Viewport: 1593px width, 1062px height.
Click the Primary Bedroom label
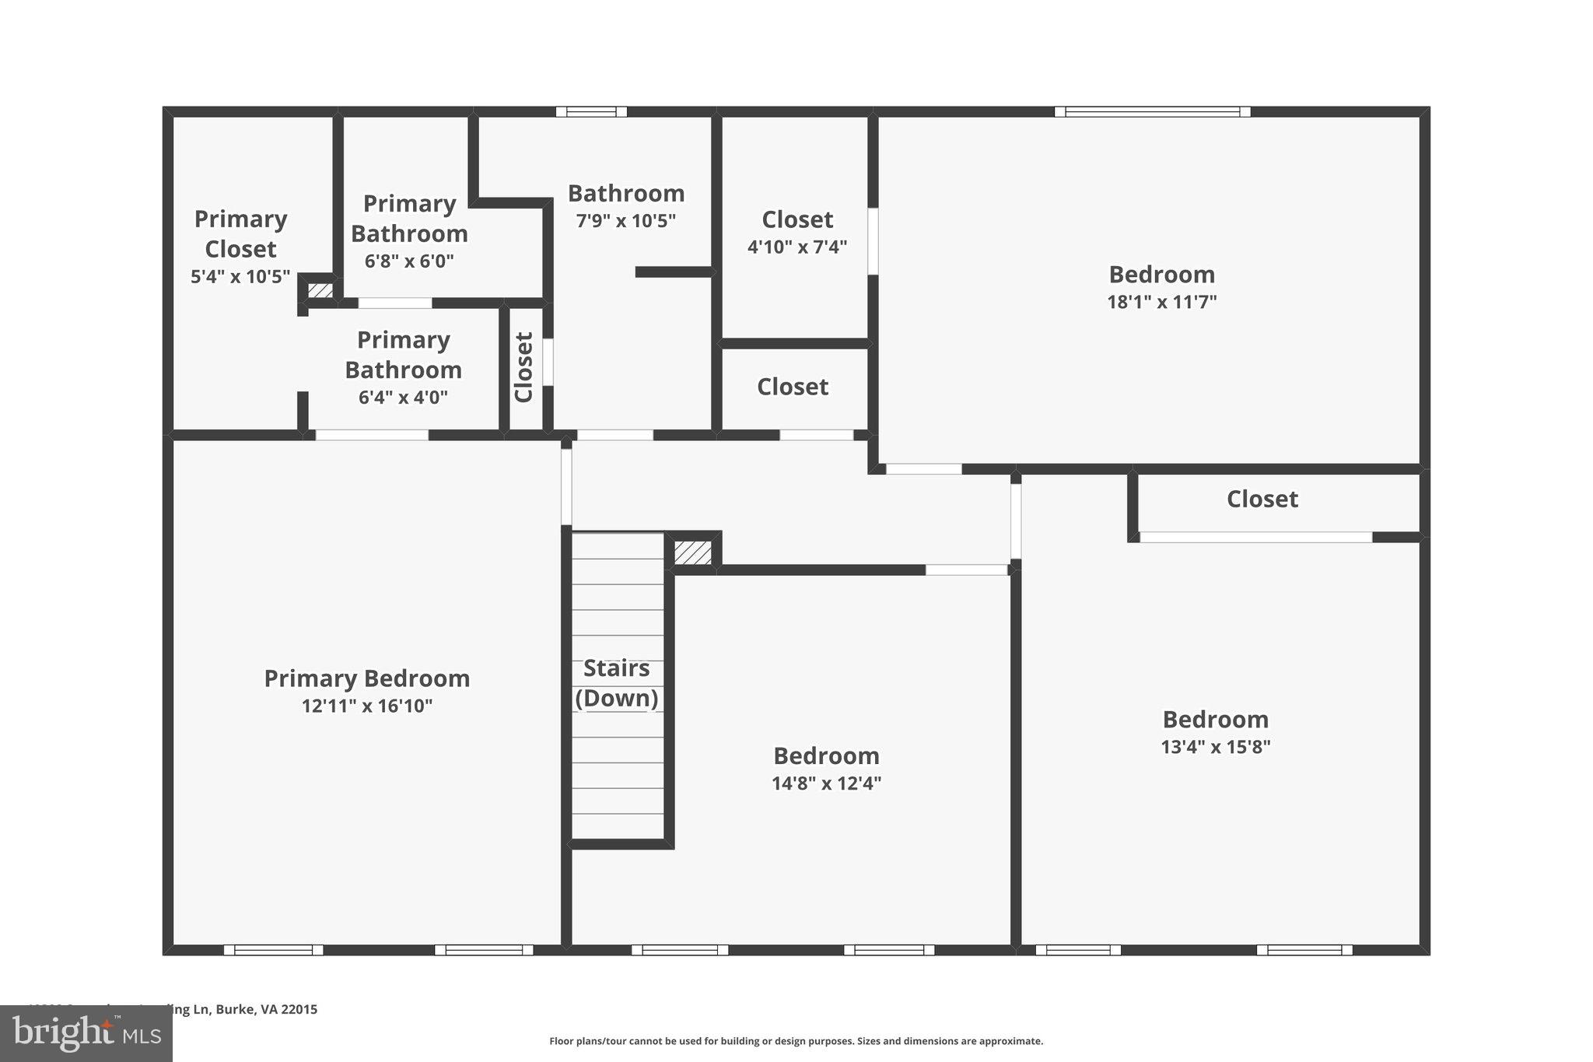tap(366, 678)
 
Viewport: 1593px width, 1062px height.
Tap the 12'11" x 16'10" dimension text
tap(366, 706)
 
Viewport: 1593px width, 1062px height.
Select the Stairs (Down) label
tap(617, 683)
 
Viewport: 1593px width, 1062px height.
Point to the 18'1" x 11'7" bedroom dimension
tap(1161, 302)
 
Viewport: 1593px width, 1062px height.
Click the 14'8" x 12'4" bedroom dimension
tap(826, 783)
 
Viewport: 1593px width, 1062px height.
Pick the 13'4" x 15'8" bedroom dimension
tap(1215, 747)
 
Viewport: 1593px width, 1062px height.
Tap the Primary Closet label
tap(240, 233)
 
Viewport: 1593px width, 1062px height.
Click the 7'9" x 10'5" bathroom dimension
tap(625, 221)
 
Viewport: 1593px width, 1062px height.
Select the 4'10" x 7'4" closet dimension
tap(796, 247)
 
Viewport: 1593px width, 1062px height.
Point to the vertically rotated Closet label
tap(524, 367)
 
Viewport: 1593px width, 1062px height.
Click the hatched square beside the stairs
tap(692, 552)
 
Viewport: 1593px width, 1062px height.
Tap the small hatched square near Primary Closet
tap(320, 291)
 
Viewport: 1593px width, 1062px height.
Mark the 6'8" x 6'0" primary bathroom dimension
tap(409, 261)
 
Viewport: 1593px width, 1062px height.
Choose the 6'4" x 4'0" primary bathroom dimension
tap(403, 398)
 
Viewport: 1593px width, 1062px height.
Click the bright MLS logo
tap(86, 1033)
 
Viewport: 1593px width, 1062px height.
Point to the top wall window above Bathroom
tap(591, 112)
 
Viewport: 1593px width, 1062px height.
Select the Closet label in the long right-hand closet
tap(1262, 499)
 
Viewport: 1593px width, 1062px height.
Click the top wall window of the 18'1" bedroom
tap(1152, 112)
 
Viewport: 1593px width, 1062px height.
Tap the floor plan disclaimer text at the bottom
tap(796, 1041)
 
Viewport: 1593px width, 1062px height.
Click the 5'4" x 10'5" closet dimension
tap(240, 277)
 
